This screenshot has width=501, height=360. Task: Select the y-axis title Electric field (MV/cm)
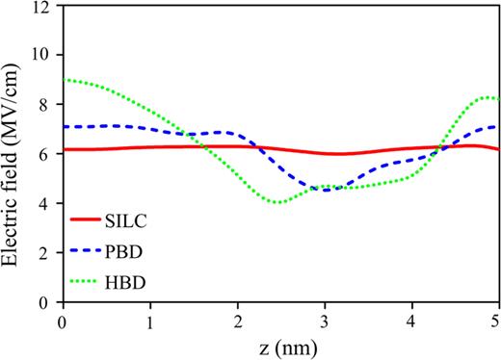tap(13, 154)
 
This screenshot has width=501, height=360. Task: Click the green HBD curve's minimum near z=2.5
tap(278, 202)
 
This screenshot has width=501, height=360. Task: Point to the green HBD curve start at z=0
tap(64, 80)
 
